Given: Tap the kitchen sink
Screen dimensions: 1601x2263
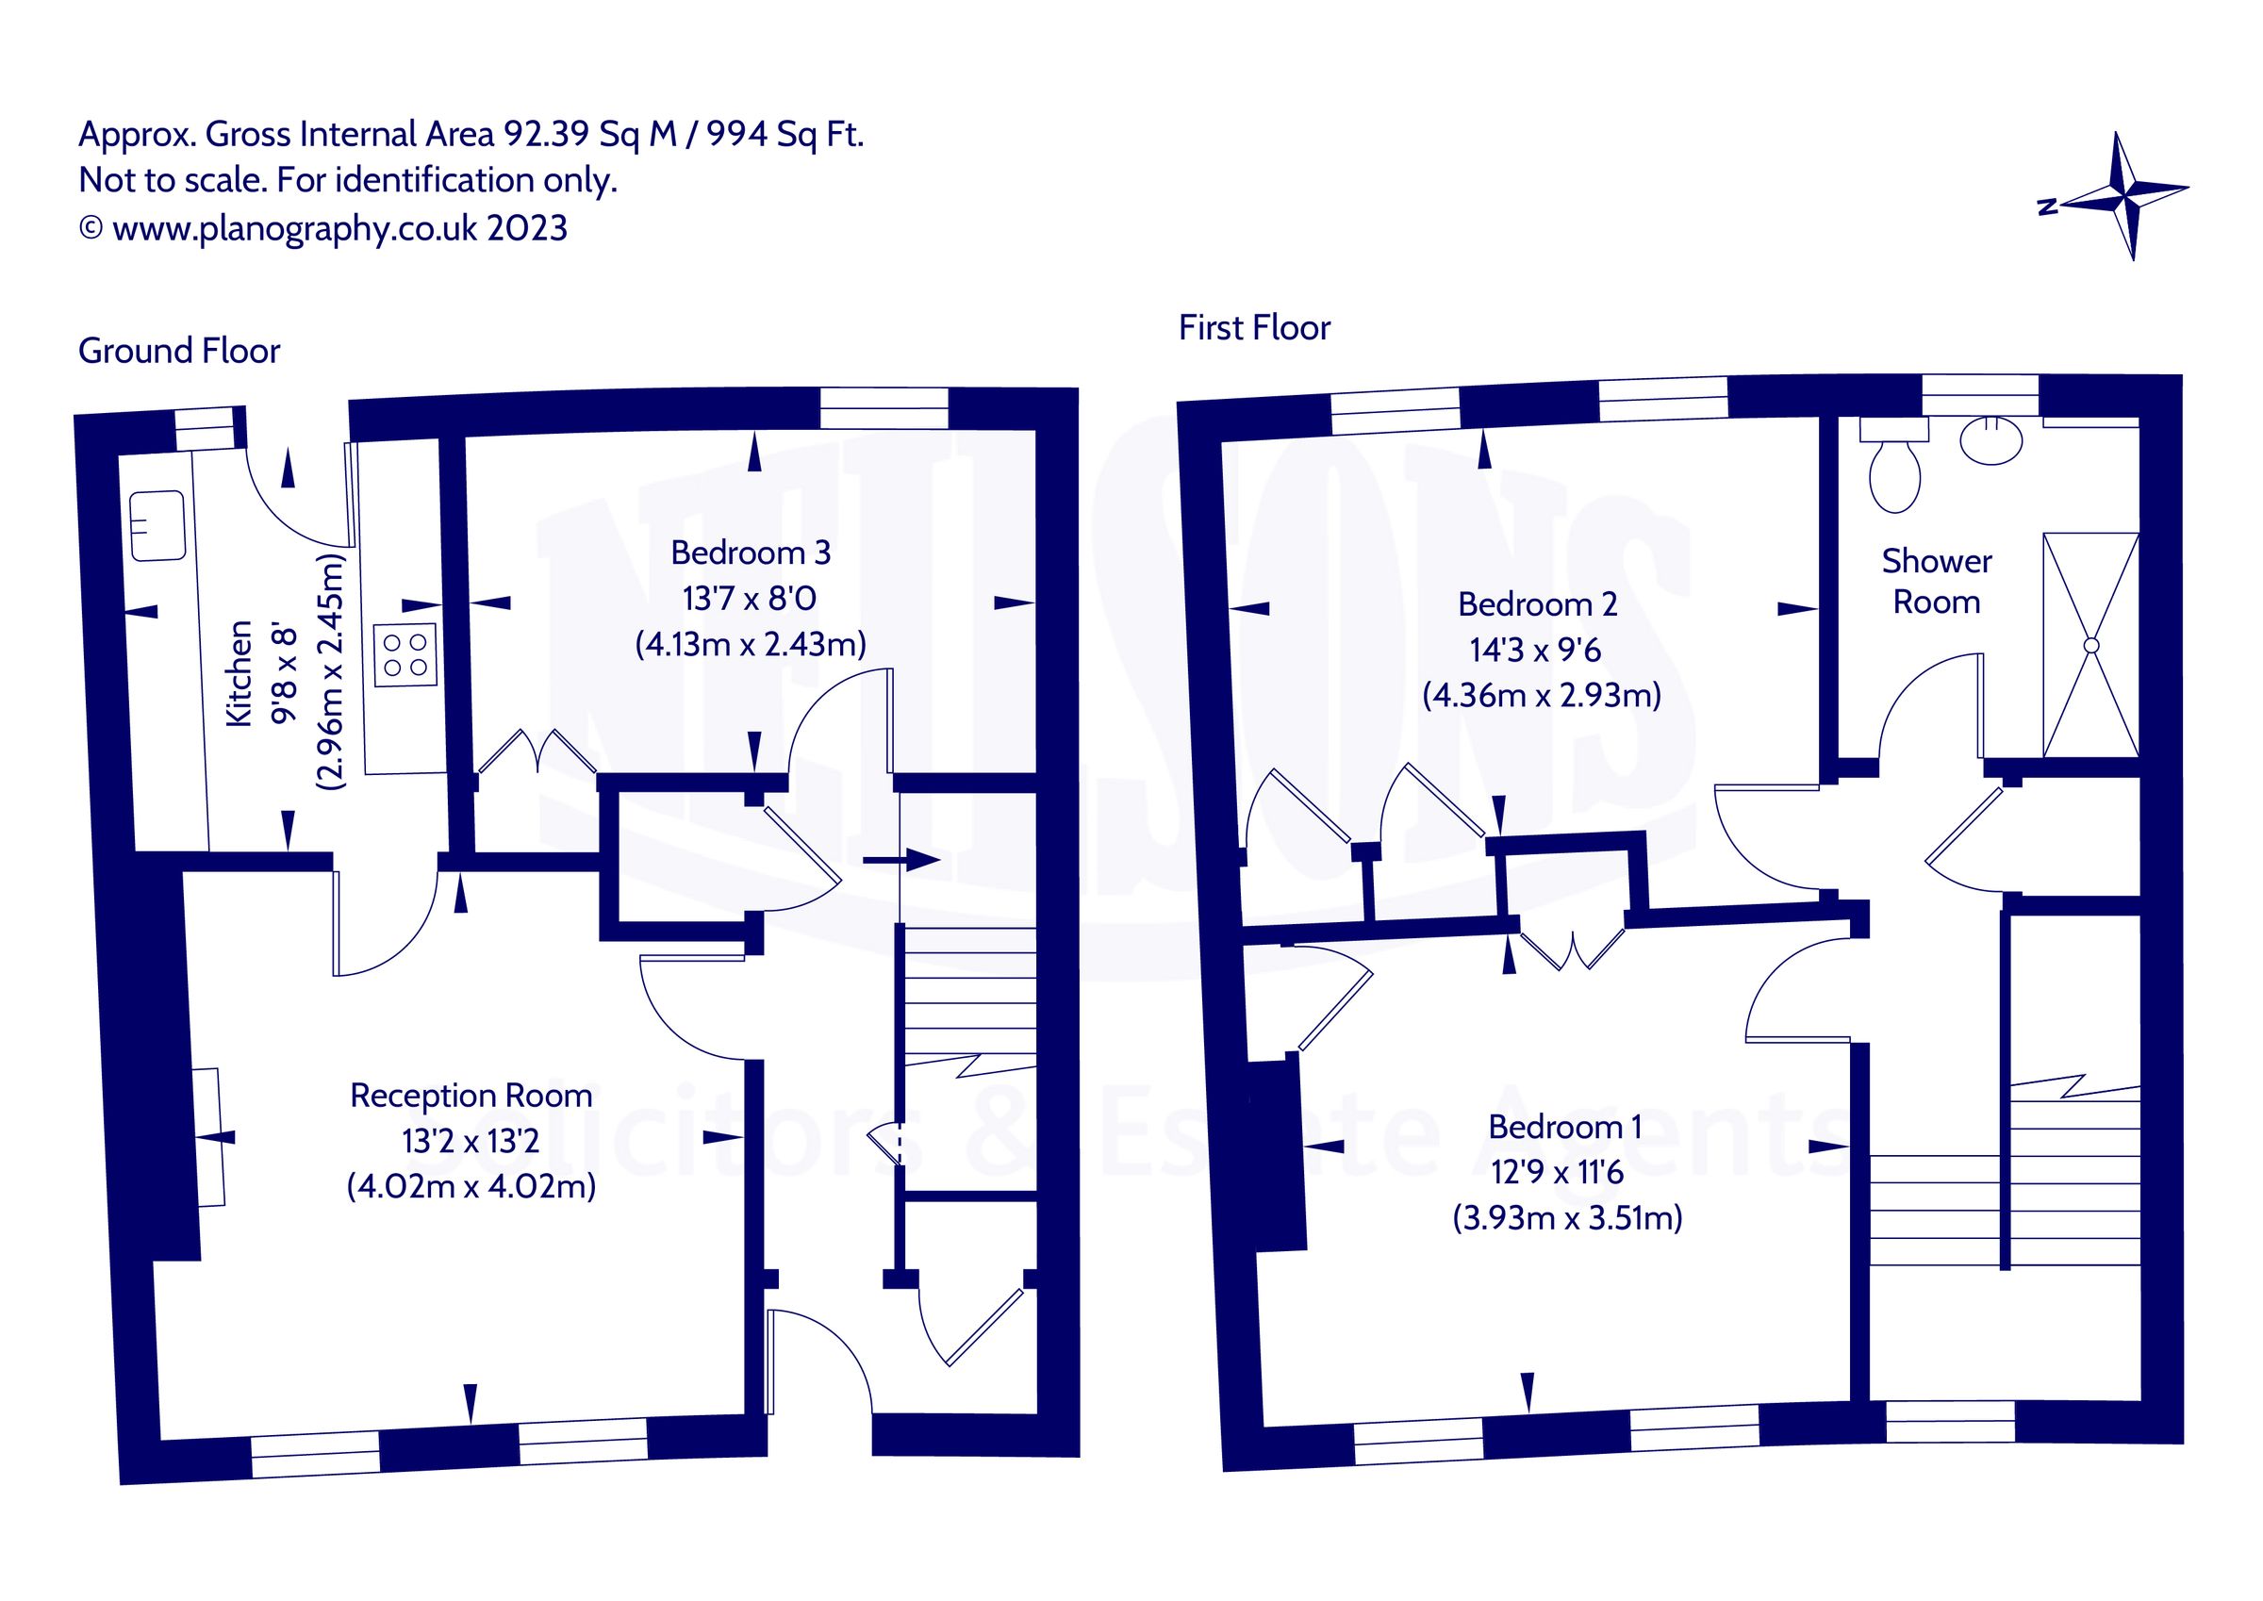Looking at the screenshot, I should [x=157, y=525].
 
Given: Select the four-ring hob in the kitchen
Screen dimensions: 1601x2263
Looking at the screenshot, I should [x=405, y=655].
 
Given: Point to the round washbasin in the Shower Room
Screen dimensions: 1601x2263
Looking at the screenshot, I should [x=1990, y=439].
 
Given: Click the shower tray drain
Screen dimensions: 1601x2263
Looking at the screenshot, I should [x=2090, y=645].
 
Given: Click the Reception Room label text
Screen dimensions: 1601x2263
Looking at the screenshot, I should [x=471, y=1096].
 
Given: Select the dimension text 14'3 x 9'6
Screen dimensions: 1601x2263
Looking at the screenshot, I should [x=1535, y=650].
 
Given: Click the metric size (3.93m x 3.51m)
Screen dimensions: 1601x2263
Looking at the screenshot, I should [x=1567, y=1218].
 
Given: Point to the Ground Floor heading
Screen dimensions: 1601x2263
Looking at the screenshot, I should [x=179, y=351].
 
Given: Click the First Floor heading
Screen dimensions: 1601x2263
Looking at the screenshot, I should [x=1254, y=328].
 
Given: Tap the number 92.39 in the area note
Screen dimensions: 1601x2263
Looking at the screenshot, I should [x=546, y=134].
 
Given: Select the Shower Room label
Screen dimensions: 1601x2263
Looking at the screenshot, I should [x=1936, y=582].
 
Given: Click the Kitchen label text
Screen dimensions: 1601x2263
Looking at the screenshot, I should [x=240, y=674].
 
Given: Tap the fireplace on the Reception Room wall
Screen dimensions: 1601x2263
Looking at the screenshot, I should [x=208, y=1137].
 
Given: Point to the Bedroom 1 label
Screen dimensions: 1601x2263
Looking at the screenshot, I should [x=1564, y=1127].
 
